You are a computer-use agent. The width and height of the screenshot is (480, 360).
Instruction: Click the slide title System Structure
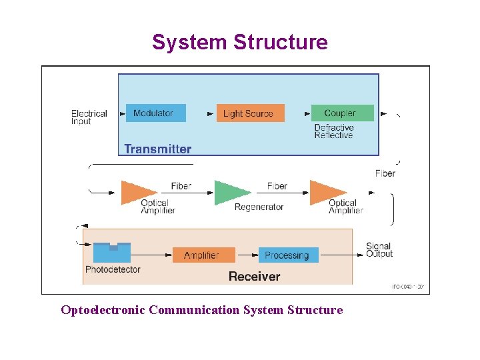point(240,42)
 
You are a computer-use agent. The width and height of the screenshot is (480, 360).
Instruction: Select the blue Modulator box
point(155,113)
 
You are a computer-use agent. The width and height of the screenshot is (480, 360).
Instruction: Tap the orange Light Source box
point(250,113)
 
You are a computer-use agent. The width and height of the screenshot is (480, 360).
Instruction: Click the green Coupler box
point(342,113)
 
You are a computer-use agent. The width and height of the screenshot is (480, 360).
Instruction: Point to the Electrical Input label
point(89,117)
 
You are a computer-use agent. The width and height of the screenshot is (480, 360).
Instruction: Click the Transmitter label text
point(158,149)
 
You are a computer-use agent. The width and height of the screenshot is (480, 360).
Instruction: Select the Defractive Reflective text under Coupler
point(333,131)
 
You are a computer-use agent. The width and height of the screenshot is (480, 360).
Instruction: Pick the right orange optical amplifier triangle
point(326,193)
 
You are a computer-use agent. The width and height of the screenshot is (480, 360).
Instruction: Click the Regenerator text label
point(259,207)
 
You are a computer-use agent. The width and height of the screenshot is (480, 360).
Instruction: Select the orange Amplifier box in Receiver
point(204,255)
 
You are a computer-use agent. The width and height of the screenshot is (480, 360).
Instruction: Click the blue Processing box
point(288,255)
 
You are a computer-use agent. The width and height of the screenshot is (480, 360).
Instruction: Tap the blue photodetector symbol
point(112,253)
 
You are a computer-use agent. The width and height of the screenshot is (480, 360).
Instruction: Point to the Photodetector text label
point(113,270)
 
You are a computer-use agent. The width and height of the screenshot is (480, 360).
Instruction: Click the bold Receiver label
point(254,276)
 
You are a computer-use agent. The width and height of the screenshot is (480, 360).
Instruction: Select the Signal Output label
point(379,250)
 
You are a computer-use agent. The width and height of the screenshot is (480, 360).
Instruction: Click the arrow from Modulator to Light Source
point(201,113)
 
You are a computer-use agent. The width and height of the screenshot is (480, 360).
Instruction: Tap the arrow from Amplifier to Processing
point(247,255)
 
